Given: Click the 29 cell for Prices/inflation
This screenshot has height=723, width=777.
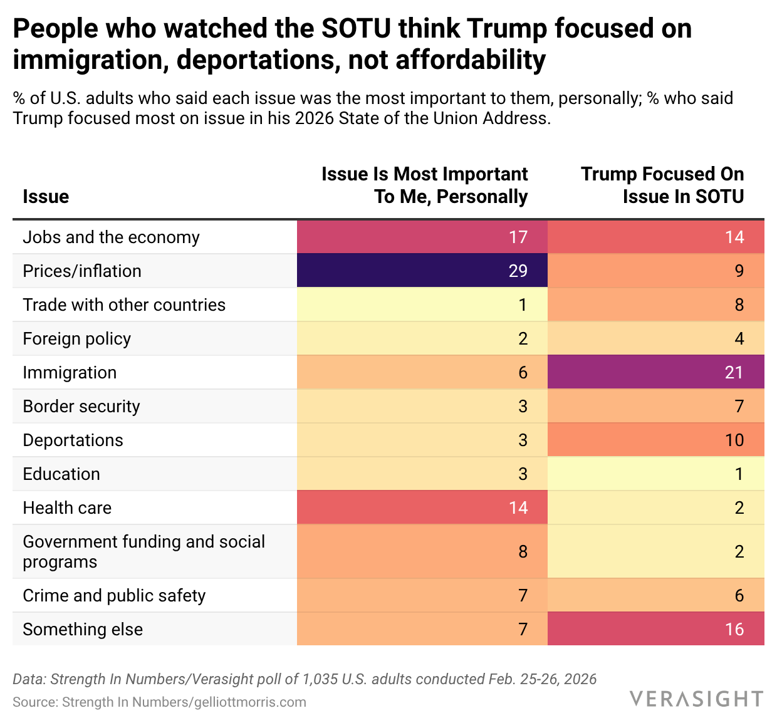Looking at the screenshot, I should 422,271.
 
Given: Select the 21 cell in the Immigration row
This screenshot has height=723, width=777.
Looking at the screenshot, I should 655,372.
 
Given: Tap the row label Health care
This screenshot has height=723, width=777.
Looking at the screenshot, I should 67,507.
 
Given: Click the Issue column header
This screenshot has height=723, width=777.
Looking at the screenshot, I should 46,197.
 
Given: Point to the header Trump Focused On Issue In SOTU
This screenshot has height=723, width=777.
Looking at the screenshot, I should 662,185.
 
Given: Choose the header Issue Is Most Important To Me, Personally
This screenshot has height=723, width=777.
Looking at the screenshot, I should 424,185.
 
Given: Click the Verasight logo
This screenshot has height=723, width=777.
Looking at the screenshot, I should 696,699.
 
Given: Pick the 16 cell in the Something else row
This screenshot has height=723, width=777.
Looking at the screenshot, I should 655,629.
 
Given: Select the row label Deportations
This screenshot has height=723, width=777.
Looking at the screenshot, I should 73,440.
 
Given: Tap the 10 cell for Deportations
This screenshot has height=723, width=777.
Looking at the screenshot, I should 655,440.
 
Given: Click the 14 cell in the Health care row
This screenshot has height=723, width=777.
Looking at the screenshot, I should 422,507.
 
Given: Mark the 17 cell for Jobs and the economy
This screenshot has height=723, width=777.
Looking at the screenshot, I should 422,237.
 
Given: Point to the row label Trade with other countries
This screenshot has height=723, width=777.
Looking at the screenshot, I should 124,304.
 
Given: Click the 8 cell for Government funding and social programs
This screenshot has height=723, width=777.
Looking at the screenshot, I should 422,551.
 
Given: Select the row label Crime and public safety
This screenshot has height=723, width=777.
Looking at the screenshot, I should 114,595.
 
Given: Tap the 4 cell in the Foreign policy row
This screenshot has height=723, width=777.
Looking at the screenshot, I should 655,338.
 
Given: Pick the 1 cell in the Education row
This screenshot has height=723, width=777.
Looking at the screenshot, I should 655,474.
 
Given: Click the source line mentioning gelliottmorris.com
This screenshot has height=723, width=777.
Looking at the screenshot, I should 159,702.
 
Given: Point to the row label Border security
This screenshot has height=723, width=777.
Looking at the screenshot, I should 81,406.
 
